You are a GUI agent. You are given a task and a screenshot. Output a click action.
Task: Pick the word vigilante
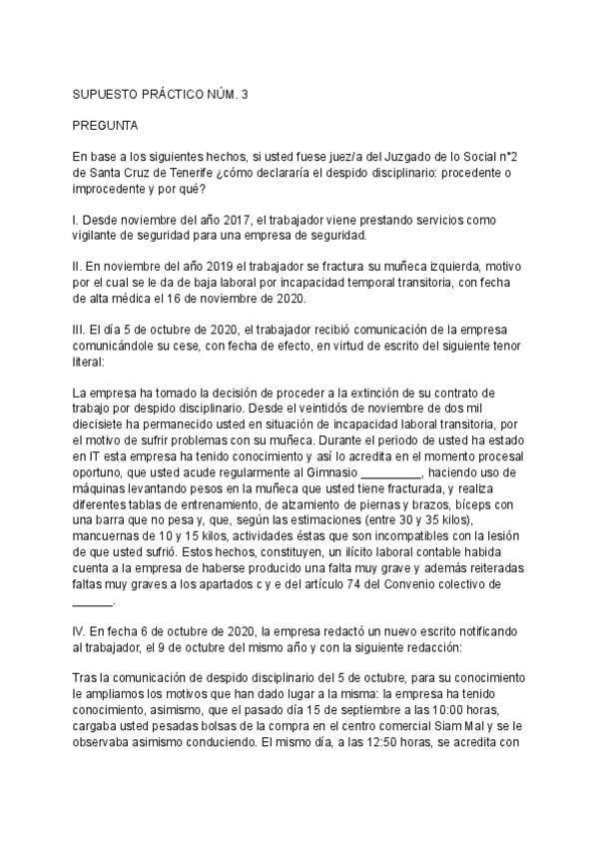(x=103, y=235)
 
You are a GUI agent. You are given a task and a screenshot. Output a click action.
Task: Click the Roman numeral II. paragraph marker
(x=78, y=266)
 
